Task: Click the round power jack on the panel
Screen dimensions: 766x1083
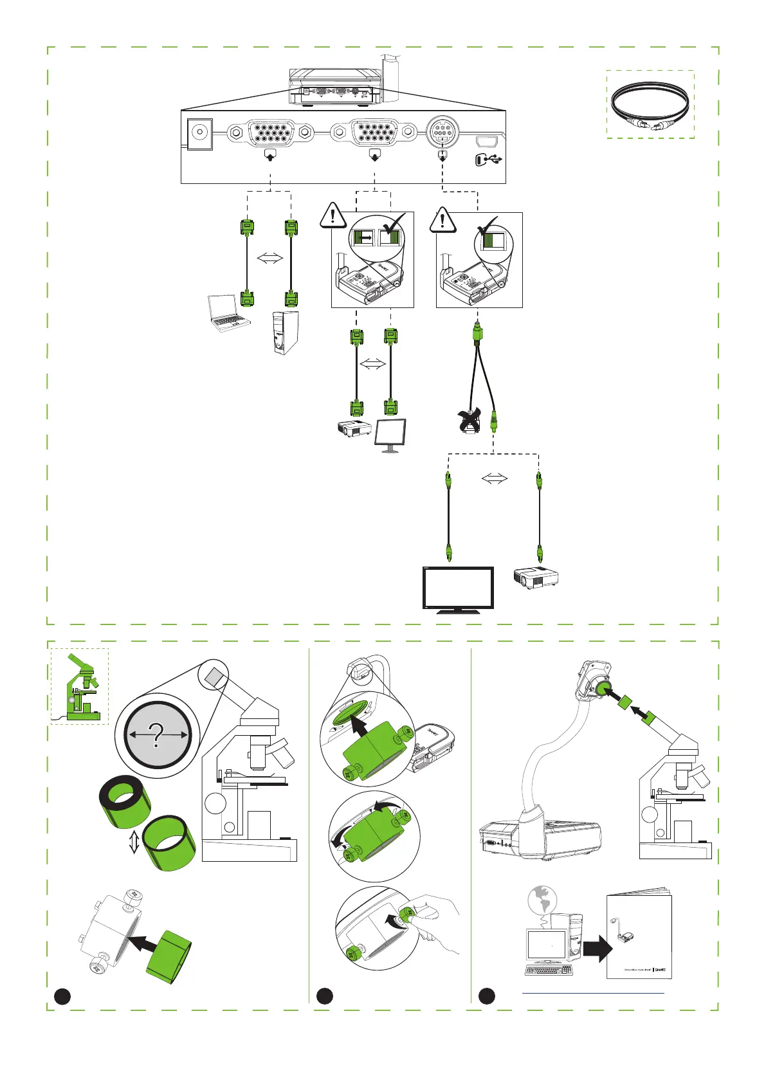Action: (199, 134)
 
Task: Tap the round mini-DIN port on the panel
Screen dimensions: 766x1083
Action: (442, 132)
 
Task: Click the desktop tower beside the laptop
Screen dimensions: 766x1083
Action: (283, 332)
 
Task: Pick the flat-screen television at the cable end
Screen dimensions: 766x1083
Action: (458, 589)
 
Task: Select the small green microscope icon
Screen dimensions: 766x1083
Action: (80, 687)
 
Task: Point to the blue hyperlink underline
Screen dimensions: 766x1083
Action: (592, 993)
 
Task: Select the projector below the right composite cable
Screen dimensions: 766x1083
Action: (536, 578)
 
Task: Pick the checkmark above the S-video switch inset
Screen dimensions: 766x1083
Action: (488, 227)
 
